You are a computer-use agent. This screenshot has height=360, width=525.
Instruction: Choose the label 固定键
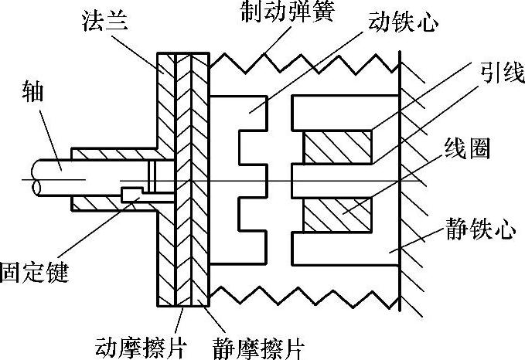pos(34,273)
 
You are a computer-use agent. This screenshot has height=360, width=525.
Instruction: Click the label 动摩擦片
pos(139,345)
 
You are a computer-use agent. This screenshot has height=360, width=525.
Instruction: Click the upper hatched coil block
pos(337,148)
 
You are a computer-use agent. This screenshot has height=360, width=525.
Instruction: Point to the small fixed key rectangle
pos(130,191)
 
